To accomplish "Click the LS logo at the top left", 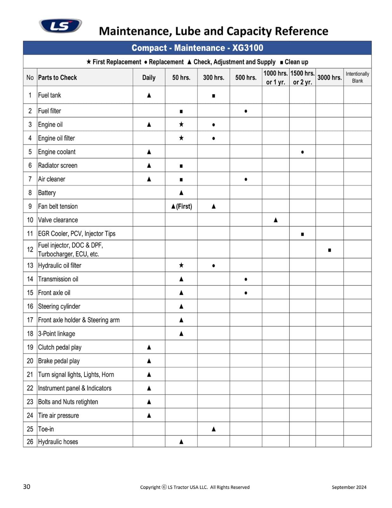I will pyautogui.click(x=60, y=25).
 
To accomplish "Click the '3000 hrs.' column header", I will pyautogui.click(x=329, y=77).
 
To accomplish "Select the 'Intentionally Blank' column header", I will pyautogui.click(x=357, y=77).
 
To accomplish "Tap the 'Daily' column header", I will pyautogui.click(x=149, y=77).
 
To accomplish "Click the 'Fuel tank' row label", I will pyautogui.click(x=49, y=95).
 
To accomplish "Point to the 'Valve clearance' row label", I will pyautogui.click(x=58, y=220).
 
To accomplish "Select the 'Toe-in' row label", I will pyautogui.click(x=46, y=429).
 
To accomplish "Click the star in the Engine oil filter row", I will pyautogui.click(x=181, y=138).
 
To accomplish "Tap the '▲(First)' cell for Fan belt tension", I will pyautogui.click(x=181, y=206).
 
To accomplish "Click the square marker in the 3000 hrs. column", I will pyautogui.click(x=330, y=250).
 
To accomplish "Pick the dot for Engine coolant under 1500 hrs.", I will pyautogui.click(x=302, y=152).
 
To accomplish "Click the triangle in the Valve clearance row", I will pyautogui.click(x=276, y=220).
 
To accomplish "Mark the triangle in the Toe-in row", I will pyautogui.click(x=213, y=429).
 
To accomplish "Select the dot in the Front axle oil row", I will pyautogui.click(x=246, y=293).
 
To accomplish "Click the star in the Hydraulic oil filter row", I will pyautogui.click(x=181, y=265).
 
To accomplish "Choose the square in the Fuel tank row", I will pyautogui.click(x=213, y=96).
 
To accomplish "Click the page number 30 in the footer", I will pyautogui.click(x=27, y=486).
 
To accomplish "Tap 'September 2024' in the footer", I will pyautogui.click(x=349, y=487).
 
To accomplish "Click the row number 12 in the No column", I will pyautogui.click(x=30, y=250).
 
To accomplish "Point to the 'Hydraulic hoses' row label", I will pyautogui.click(x=58, y=442).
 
